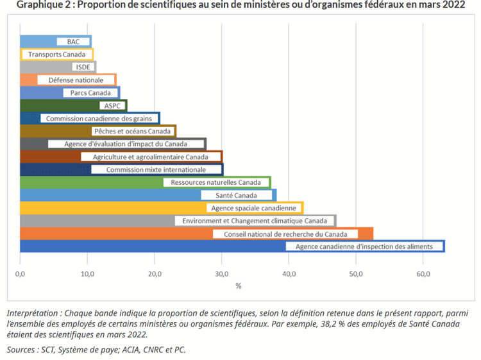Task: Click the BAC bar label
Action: [73, 42]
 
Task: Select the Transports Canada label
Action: [56, 55]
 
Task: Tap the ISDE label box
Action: [83, 67]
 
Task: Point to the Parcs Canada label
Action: [90, 93]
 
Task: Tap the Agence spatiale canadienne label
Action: [254, 208]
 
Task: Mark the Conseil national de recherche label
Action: [285, 234]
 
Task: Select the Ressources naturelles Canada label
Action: [215, 182]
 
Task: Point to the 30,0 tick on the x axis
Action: [221, 274]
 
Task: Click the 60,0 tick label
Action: [423, 274]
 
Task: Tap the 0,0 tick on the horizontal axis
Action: [21, 274]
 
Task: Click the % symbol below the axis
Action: [238, 286]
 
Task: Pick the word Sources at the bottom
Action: [22, 350]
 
